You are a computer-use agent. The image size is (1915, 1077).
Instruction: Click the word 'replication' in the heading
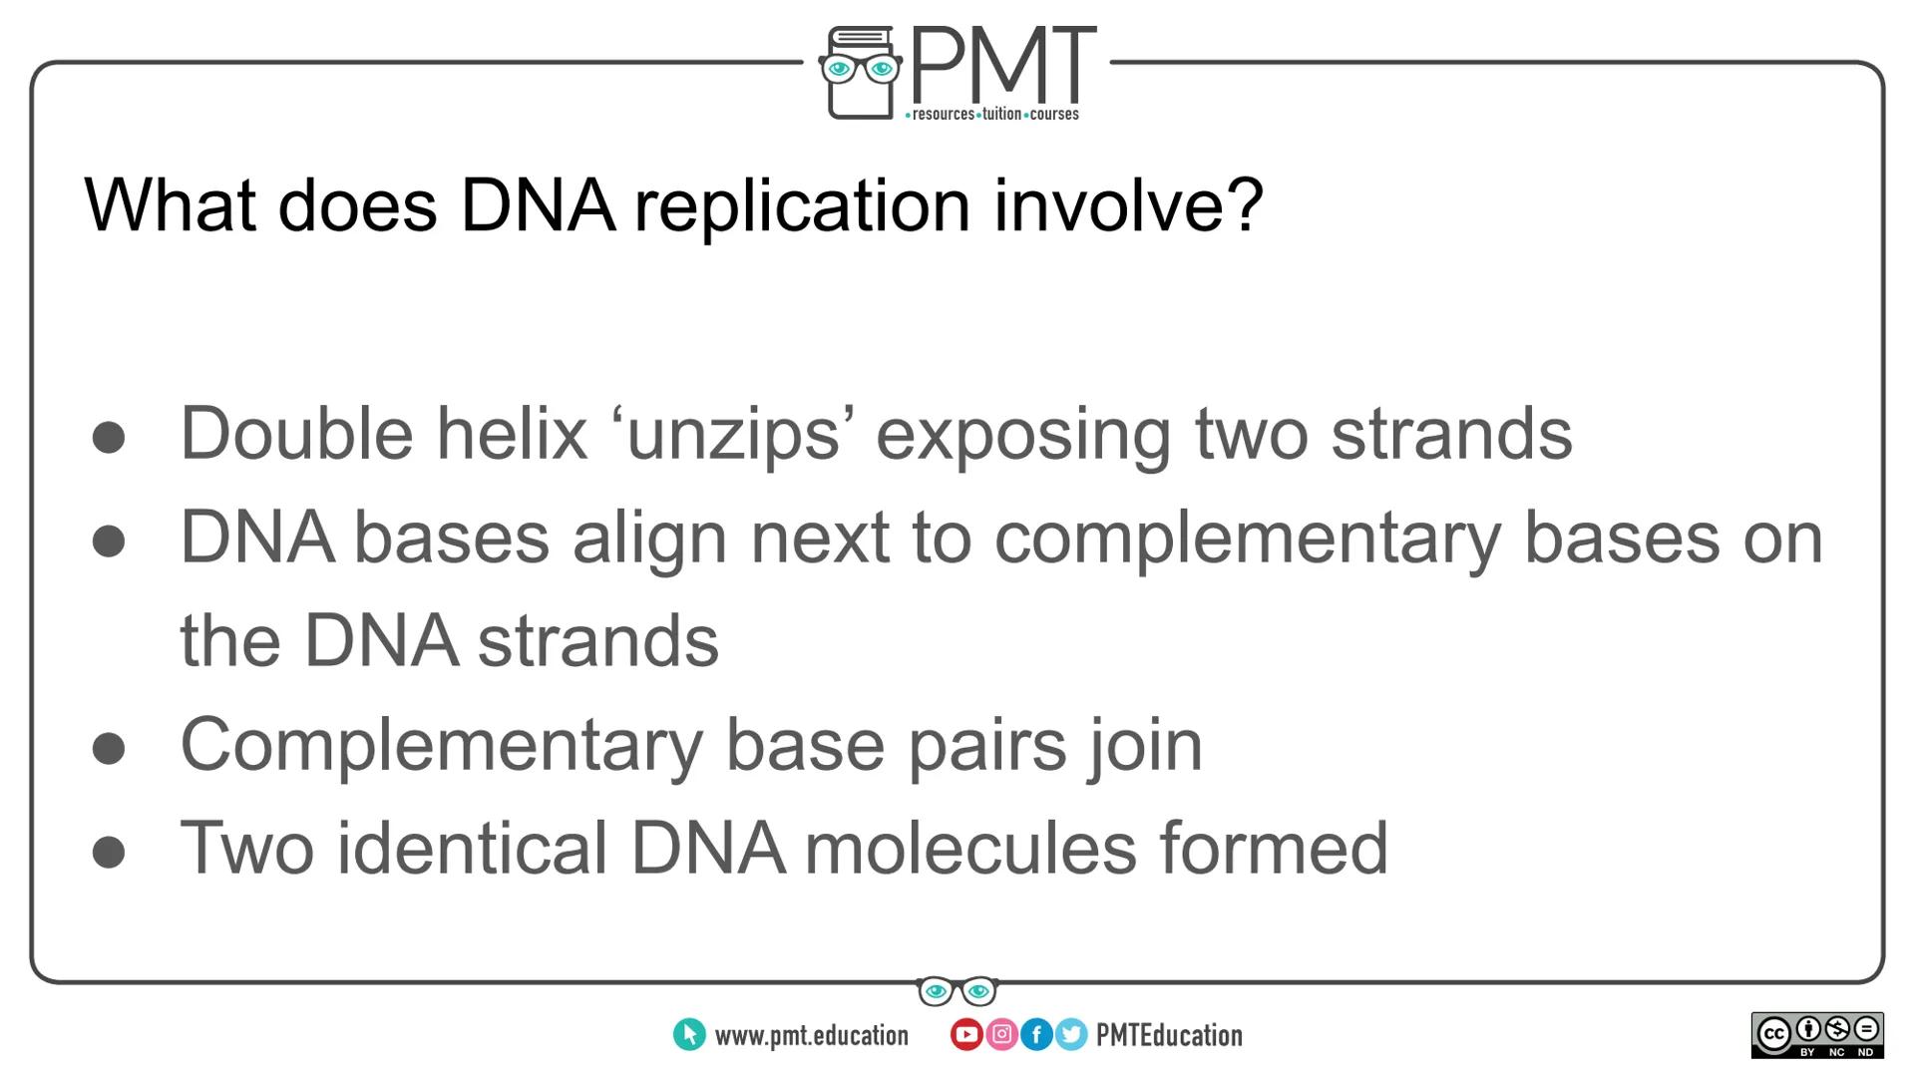(802, 205)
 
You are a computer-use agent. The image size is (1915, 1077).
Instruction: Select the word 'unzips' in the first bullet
(734, 435)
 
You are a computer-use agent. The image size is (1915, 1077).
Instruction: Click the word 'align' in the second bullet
(649, 538)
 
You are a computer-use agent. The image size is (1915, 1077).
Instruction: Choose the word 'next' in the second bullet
(819, 538)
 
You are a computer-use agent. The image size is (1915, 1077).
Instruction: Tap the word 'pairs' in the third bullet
(986, 745)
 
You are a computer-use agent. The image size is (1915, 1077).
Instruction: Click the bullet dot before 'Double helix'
(109, 438)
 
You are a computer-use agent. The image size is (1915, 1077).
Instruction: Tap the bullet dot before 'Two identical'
(109, 852)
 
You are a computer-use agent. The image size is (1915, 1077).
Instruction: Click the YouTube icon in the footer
(965, 1035)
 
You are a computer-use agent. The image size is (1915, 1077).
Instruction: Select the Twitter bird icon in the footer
(1071, 1035)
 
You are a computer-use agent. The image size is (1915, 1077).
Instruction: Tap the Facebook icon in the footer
(1036, 1035)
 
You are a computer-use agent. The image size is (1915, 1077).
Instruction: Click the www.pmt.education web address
(811, 1036)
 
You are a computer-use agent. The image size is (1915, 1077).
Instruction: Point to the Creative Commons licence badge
(1816, 1035)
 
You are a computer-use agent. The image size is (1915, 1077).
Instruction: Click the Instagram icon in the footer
(1001, 1035)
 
